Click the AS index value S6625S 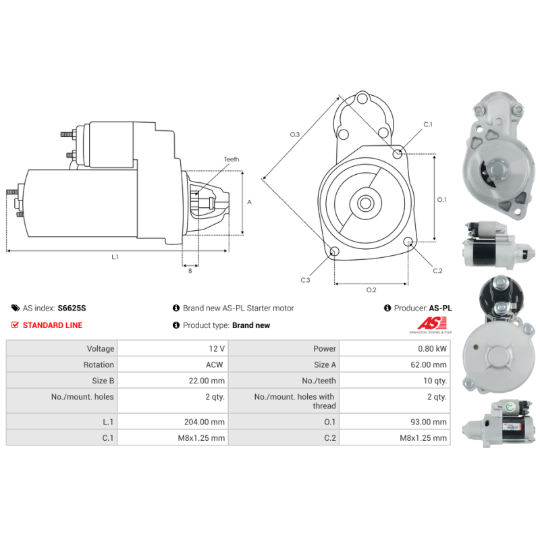(x=72, y=308)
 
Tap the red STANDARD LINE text (x=53, y=325)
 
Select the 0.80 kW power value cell (x=395, y=348)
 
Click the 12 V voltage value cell (x=173, y=348)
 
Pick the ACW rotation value (x=214, y=364)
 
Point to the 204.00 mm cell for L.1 (x=173, y=422)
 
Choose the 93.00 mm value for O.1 (x=428, y=422)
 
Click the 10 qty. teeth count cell (x=395, y=381)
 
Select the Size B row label (x=103, y=381)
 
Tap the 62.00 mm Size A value (x=428, y=364)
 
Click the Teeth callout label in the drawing (x=232, y=159)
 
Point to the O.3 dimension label (x=295, y=134)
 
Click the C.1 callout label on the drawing (x=428, y=124)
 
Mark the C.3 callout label (x=305, y=280)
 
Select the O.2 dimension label (x=371, y=290)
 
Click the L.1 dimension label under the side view (x=115, y=257)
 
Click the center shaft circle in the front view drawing (x=365, y=203)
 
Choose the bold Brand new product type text (x=251, y=325)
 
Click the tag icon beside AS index (x=16, y=308)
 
